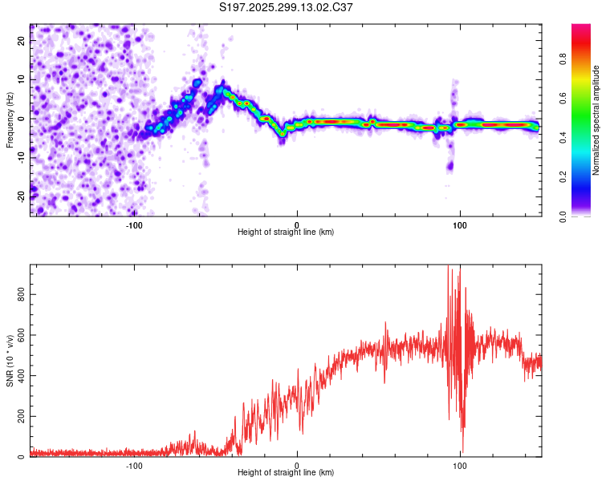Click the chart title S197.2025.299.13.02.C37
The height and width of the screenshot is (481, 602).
click(287, 8)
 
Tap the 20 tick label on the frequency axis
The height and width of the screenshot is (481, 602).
click(22, 42)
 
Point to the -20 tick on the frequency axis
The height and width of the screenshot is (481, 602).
click(20, 195)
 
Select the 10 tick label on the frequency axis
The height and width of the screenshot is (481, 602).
click(22, 80)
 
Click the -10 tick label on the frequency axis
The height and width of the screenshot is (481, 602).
click(20, 156)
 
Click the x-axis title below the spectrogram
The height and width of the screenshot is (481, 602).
click(286, 232)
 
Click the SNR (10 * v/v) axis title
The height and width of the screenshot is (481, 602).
click(10, 362)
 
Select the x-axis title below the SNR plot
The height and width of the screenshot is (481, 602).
click(286, 473)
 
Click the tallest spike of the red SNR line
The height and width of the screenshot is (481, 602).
click(448, 267)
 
